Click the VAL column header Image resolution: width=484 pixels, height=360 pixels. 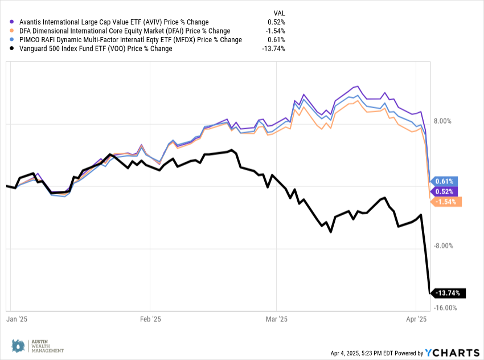[280, 12]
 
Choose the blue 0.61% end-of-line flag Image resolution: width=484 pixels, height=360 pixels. [444, 181]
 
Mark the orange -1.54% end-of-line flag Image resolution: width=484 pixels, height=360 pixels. [446, 202]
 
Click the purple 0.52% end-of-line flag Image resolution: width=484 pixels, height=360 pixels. [444, 191]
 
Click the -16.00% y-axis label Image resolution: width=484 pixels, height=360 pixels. [444, 308]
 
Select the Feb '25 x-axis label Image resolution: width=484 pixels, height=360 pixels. [150, 320]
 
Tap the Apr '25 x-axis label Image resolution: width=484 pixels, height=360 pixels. [418, 320]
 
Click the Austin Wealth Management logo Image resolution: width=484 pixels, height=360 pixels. [38, 345]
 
